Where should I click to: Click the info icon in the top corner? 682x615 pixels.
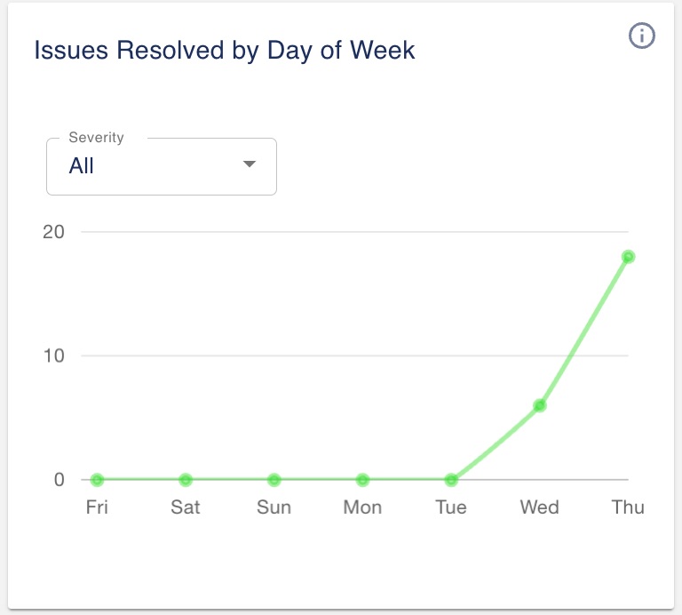pos(641,36)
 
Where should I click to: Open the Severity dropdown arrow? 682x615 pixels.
pos(250,164)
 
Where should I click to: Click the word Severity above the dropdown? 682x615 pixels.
pos(96,138)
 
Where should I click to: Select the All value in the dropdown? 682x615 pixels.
pos(82,166)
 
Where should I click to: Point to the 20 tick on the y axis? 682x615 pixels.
pos(54,232)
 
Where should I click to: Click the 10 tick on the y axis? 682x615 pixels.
pos(54,355)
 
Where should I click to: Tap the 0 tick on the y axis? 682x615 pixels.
pos(59,480)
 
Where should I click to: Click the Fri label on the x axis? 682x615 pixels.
pos(97,507)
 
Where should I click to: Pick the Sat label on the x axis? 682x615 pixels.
pos(186,507)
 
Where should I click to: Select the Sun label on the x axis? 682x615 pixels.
pos(274,507)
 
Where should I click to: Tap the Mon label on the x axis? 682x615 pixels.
pos(362,507)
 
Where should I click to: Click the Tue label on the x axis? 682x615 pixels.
pos(451,507)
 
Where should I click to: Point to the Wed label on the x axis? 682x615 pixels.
pos(539,507)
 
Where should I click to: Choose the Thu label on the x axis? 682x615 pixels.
pos(628,507)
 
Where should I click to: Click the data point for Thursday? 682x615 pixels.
pos(628,257)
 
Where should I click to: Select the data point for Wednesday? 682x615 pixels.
pos(539,405)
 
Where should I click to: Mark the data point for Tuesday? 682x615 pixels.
pos(451,480)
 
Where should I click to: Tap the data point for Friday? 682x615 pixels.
pos(97,480)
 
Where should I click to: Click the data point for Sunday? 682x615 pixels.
pos(274,480)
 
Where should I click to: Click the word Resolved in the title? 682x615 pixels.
pos(163,51)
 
